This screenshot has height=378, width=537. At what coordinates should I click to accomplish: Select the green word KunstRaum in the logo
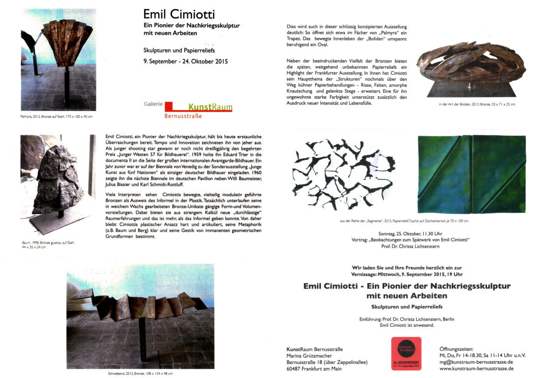210,107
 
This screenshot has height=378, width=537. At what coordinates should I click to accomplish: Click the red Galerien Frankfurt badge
406,353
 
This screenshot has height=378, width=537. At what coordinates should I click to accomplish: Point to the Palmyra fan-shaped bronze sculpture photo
58,59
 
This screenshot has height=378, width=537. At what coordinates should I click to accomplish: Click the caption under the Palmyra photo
56,117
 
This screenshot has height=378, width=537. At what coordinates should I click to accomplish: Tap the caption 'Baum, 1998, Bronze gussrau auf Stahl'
48,243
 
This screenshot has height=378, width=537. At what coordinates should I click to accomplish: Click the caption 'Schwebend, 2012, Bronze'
140,373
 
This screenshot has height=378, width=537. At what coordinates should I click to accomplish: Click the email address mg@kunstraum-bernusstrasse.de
476,362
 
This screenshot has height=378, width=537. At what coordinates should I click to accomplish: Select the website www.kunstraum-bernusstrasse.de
476,368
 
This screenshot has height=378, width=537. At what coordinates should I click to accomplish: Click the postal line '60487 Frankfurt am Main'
314,369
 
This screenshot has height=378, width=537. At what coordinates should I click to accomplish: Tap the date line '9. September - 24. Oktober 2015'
186,61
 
